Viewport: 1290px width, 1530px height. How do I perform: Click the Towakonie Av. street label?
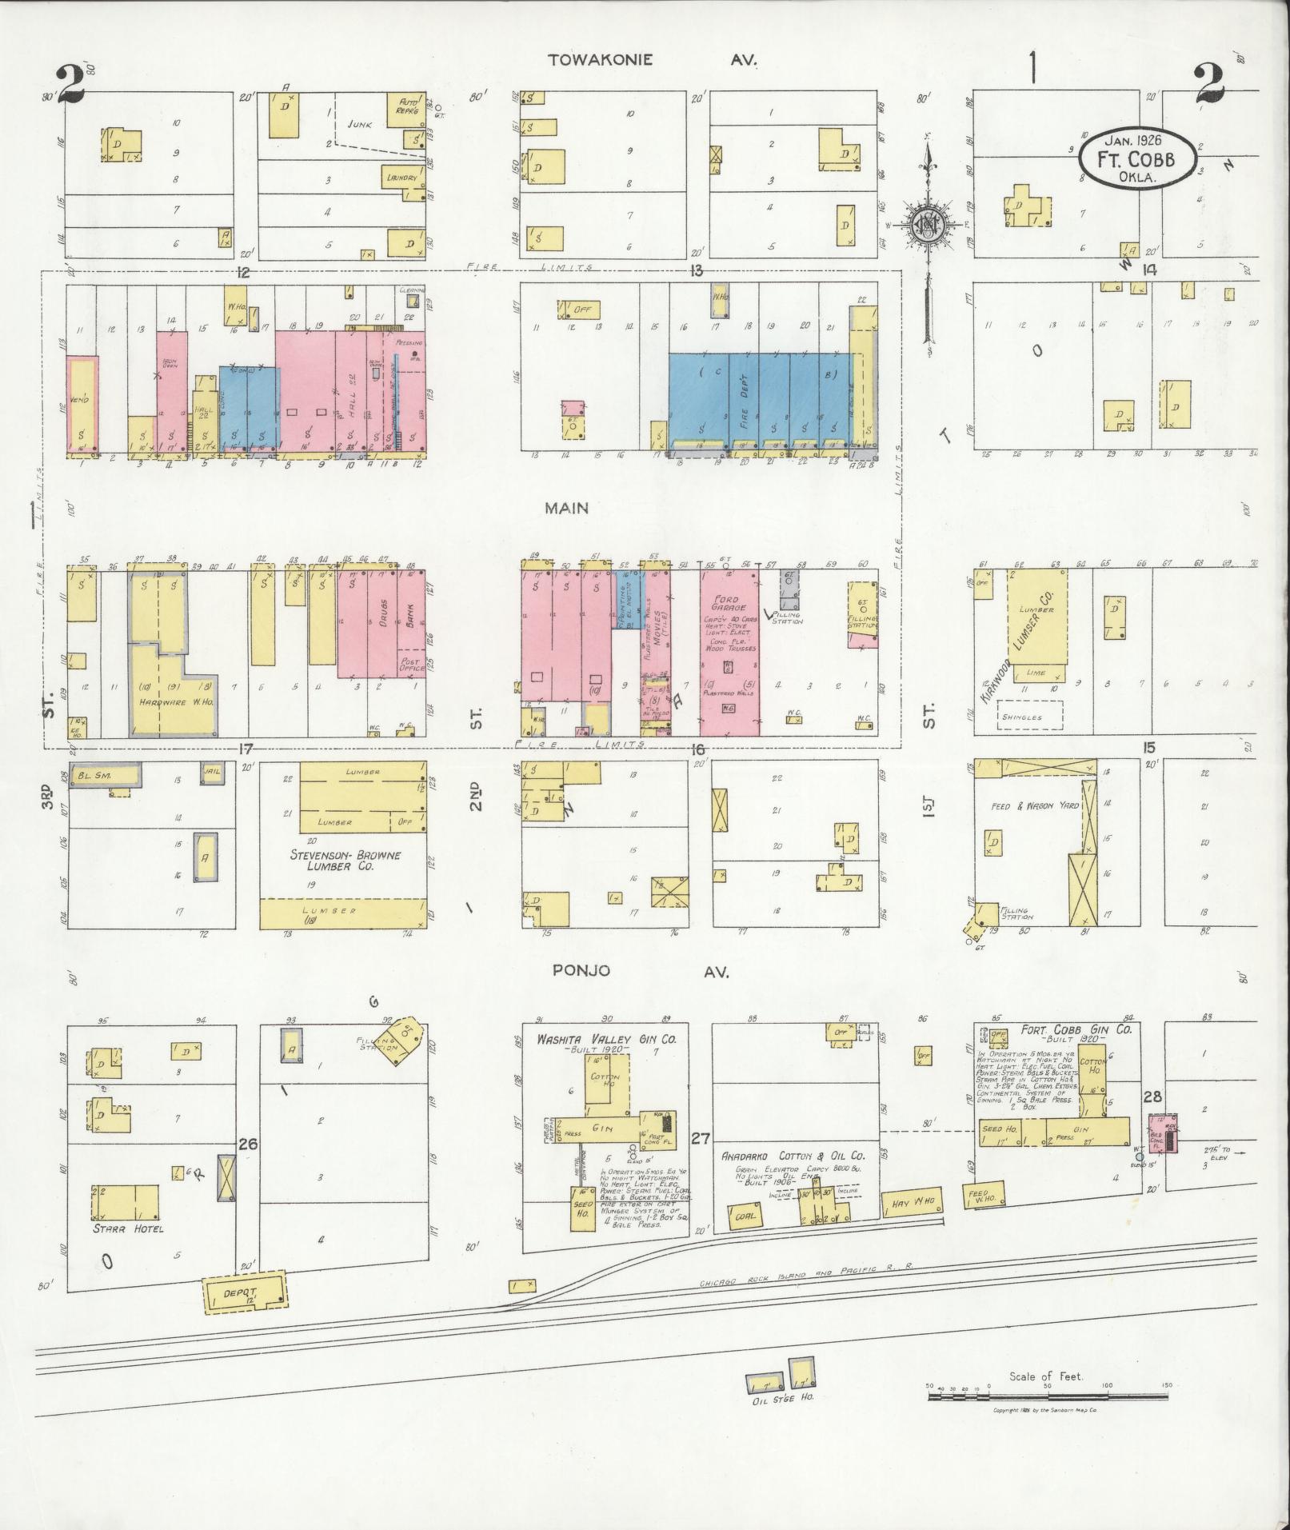point(651,60)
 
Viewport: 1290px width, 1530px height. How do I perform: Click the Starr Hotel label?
point(127,1228)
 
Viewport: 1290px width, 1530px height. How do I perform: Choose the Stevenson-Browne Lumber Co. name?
point(345,861)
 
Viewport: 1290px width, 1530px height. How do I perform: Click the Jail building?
point(212,772)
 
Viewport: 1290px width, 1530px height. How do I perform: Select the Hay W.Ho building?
point(912,1202)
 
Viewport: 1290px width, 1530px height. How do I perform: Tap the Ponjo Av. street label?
point(649,971)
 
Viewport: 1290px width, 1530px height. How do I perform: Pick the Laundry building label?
point(401,177)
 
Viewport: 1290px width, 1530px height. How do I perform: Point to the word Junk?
point(361,125)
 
